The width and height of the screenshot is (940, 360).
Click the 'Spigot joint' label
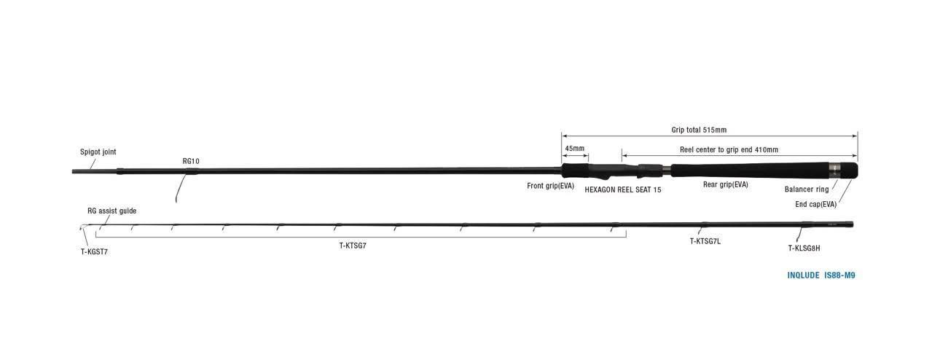click(98, 152)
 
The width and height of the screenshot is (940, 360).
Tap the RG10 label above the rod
click(191, 161)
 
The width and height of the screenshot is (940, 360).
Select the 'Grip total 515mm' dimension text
click(699, 130)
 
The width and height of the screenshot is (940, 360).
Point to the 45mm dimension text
click(574, 149)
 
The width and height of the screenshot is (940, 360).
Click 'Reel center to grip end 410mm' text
click(729, 150)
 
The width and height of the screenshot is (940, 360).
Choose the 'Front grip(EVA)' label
click(551, 186)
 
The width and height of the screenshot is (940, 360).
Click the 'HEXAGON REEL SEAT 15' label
click(623, 190)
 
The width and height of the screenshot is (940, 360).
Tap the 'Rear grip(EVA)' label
click(726, 184)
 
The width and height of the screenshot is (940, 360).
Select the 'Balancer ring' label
click(807, 189)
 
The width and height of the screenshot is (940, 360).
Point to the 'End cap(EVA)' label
click(816, 204)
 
